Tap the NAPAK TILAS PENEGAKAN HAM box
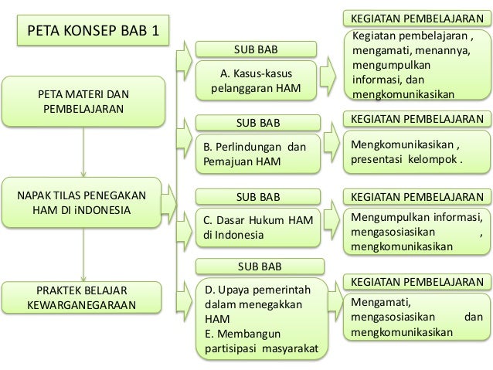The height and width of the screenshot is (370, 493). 80,202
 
